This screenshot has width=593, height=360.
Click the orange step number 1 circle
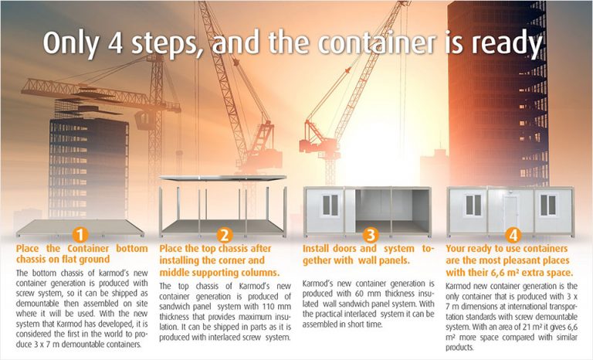pos(80,235)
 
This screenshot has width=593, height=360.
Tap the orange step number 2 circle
pos(224,235)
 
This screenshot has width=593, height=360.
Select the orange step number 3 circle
pos(371,235)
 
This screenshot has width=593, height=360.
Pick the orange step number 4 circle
pos(513,235)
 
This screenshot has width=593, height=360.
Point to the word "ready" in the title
pos(507,43)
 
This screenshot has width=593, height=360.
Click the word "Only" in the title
pos(71,43)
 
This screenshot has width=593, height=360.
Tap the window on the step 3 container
pos(330,205)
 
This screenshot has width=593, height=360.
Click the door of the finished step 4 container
pos(510,212)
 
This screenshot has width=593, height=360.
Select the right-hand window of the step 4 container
pos(548,205)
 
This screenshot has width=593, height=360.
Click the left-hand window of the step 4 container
pos(473,205)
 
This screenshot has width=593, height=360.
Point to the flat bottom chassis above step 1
pos(80,227)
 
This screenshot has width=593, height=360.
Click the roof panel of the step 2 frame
pos(222,178)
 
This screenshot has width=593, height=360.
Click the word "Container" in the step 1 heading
pos(88,248)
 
